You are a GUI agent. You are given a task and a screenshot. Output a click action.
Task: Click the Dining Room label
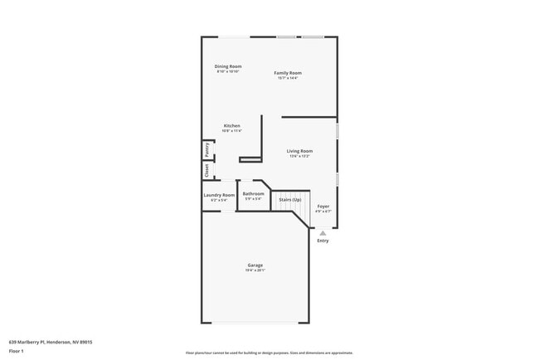[x=228, y=66]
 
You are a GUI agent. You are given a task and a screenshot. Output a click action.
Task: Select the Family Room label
[x=288, y=73]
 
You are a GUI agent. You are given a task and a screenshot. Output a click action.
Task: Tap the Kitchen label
[x=231, y=126]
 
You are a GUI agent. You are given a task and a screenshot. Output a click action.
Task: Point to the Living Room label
[x=299, y=151]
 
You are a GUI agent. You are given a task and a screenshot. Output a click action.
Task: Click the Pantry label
[x=206, y=150]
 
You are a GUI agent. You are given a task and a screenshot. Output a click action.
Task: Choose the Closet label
[x=206, y=170]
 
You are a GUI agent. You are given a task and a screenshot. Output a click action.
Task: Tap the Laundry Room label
[x=219, y=195]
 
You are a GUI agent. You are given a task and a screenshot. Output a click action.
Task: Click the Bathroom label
[x=253, y=194]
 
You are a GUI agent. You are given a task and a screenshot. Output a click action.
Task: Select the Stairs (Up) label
[x=290, y=200]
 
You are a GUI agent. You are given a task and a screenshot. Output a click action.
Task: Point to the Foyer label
[x=323, y=206]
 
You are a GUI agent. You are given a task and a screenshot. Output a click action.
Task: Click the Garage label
[x=255, y=265]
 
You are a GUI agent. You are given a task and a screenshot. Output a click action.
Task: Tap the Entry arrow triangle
[x=323, y=234]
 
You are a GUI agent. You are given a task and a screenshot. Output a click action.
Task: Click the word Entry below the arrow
[x=323, y=241]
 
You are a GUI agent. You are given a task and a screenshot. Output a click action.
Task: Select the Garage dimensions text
[x=255, y=270]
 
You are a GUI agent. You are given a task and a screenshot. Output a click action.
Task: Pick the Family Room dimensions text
[x=288, y=78]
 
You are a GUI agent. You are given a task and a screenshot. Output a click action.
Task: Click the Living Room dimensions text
[x=299, y=156]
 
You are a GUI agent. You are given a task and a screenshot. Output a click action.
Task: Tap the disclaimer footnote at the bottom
[x=269, y=353]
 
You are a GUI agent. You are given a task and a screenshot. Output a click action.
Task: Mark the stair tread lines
[x=290, y=207]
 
